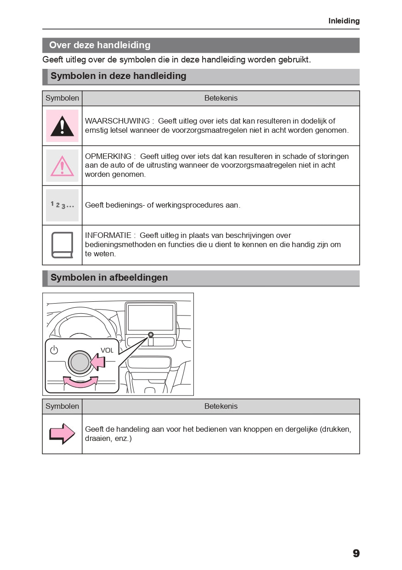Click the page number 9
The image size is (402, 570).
click(356, 553)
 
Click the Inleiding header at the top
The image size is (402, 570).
click(344, 21)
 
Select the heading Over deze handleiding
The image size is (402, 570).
click(100, 45)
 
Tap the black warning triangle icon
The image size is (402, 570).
click(62, 126)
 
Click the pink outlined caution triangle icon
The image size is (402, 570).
click(62, 166)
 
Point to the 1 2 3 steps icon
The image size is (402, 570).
click(62, 205)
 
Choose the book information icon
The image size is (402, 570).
click(62, 245)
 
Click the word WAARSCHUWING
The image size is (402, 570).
click(117, 121)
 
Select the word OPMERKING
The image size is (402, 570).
click(108, 157)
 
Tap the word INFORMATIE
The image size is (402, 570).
click(108, 236)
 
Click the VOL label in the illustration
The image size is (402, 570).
click(107, 350)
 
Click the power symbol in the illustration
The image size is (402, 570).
click(54, 350)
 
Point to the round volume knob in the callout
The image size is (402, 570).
click(80, 362)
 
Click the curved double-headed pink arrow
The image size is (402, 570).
click(81, 382)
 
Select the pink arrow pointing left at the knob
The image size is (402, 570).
click(98, 361)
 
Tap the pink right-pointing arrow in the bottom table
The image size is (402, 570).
click(62, 434)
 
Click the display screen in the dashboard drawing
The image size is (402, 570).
click(150, 317)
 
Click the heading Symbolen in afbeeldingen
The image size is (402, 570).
click(109, 277)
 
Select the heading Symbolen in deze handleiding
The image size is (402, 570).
click(118, 76)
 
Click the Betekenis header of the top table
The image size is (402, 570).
click(221, 98)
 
